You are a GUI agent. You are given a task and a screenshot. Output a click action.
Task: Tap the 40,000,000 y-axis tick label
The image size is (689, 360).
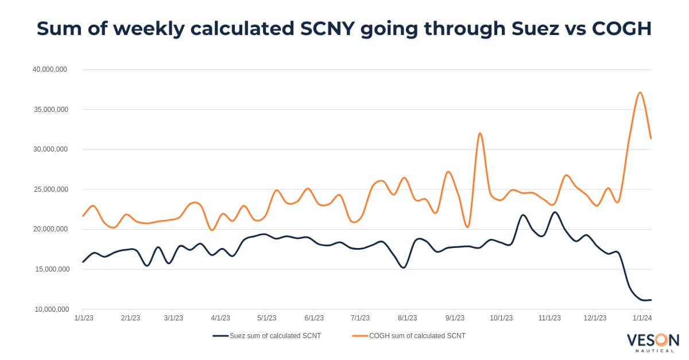[50, 69]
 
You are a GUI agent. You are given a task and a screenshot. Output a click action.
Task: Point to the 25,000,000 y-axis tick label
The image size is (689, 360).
[50, 189]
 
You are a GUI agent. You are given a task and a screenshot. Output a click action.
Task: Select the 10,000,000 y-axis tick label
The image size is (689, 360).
[50, 309]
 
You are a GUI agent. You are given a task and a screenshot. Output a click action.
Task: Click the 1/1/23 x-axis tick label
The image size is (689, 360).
[84, 318]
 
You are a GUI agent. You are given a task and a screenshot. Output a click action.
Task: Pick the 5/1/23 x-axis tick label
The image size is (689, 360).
[268, 318]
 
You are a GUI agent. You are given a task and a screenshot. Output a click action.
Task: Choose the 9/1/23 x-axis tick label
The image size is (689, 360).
[454, 318]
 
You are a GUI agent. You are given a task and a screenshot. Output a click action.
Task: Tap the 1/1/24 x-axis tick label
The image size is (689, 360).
[642, 318]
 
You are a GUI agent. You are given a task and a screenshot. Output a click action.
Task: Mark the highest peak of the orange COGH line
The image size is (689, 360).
[640, 92]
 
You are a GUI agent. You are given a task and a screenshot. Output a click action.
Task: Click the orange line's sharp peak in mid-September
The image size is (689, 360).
[480, 133]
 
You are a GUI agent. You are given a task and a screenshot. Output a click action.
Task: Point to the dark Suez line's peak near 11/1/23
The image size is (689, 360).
[555, 212]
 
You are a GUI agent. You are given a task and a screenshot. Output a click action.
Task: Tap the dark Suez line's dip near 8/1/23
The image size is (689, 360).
[404, 268]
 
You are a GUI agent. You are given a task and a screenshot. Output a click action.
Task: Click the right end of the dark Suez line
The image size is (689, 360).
[651, 300]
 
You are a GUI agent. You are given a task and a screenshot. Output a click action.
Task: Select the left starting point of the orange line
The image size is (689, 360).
[83, 216]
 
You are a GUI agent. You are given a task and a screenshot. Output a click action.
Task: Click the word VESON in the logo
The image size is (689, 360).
[653, 340]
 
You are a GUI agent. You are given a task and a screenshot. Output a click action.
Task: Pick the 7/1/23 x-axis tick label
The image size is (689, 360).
[359, 318]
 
